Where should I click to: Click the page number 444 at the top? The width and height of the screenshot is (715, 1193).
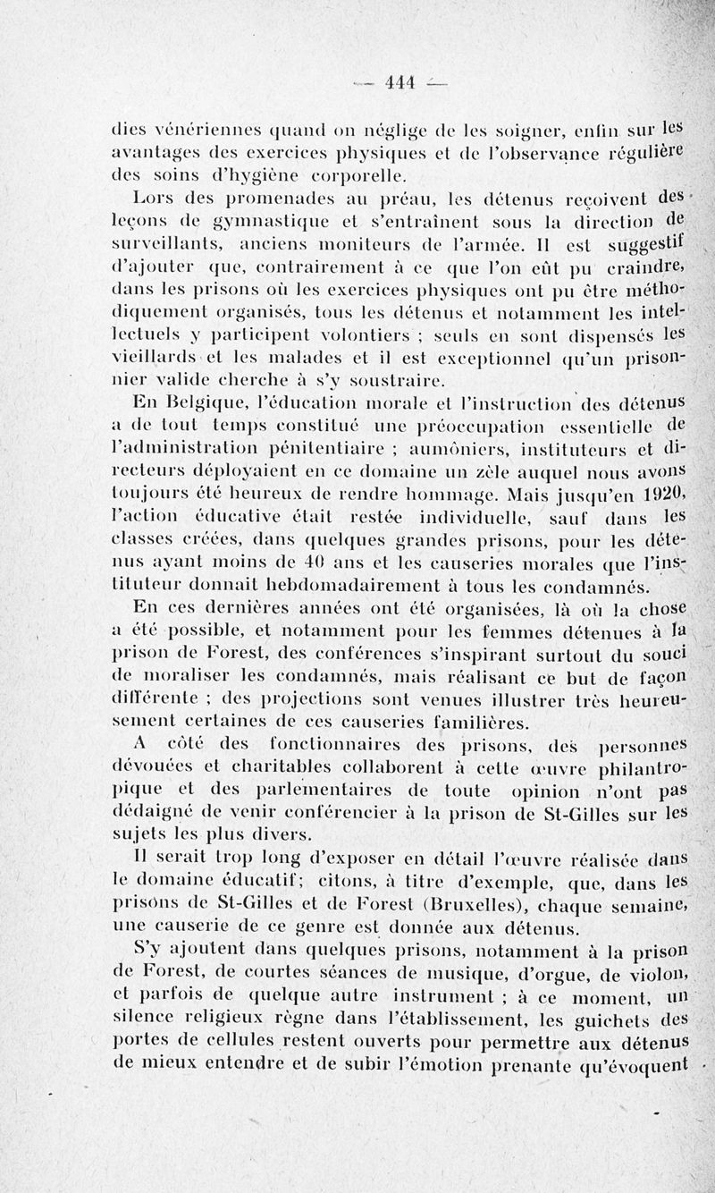[x=398, y=83]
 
